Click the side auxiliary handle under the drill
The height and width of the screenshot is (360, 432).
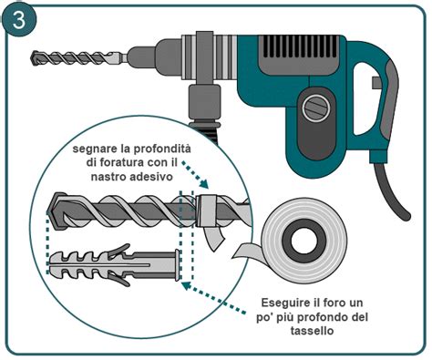[201, 104]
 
